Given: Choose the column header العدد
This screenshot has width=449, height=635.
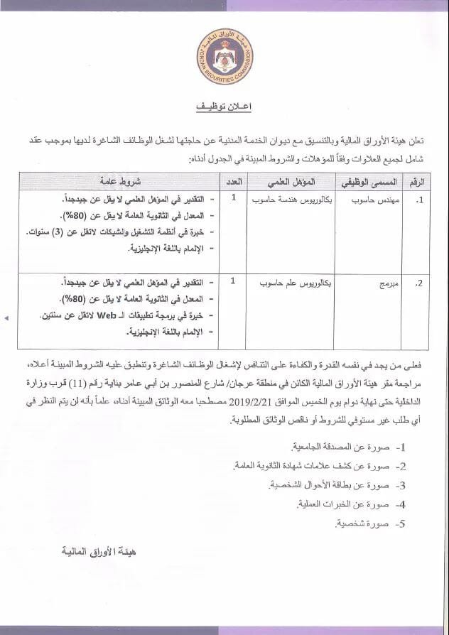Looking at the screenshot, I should point(233,181).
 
